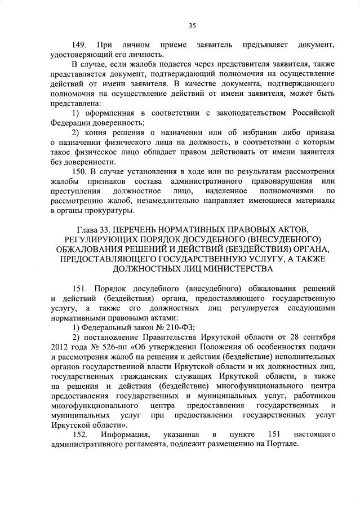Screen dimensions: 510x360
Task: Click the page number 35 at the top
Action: [192, 25]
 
